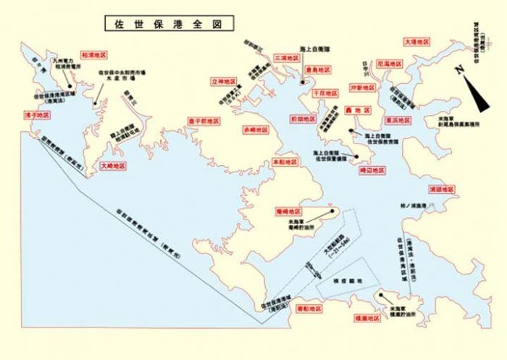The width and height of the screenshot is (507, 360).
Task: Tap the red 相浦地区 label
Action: click(94, 54)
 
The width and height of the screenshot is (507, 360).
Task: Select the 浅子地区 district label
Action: click(36, 115)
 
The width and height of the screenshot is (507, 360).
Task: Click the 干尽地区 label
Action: click(325, 93)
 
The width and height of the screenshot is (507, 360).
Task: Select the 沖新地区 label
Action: click(364, 87)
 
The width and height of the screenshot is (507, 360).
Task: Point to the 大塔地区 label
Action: click(420, 42)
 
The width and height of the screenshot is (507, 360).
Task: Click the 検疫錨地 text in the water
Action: click(338, 278)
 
